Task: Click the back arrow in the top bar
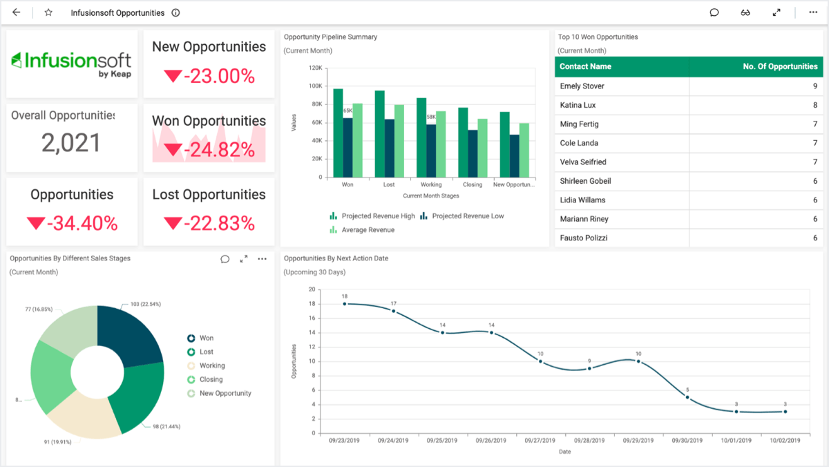tap(17, 12)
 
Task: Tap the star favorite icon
tap(48, 12)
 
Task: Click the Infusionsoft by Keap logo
tap(72, 64)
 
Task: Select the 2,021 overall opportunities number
tap(71, 143)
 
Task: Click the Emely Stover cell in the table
tap(582, 86)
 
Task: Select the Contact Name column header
tap(585, 67)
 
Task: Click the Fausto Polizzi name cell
tap(584, 238)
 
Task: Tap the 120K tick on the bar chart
tap(315, 68)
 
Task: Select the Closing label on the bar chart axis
tap(473, 185)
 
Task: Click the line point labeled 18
tap(345, 303)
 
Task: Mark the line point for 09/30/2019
tap(687, 397)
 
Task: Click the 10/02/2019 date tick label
tap(785, 440)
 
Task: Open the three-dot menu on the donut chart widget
tap(262, 259)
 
